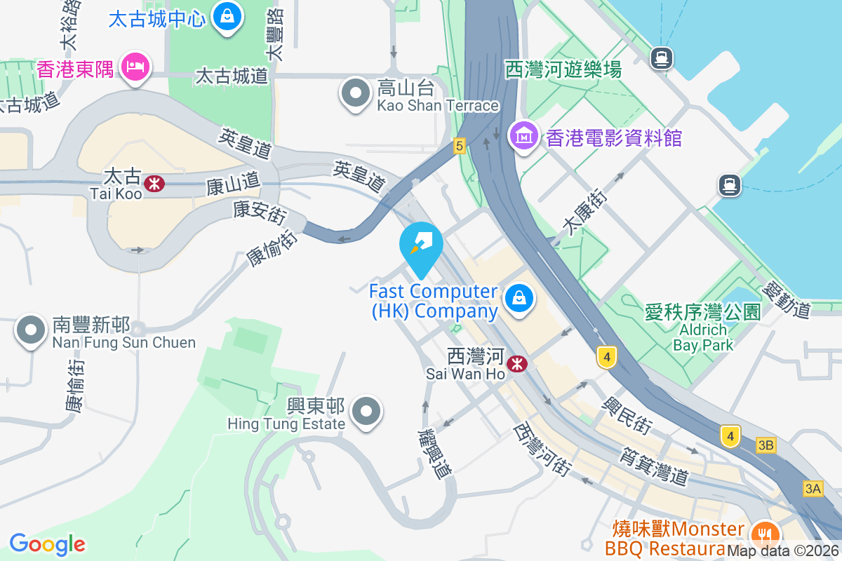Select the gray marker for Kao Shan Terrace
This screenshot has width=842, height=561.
356,94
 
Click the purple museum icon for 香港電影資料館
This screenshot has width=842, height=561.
524,135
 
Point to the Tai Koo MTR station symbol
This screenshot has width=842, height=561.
154,184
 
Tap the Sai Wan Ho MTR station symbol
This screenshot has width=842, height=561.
517,363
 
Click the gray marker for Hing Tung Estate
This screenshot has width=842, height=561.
367,412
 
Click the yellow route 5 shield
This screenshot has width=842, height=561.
459,146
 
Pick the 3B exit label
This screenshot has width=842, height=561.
766,445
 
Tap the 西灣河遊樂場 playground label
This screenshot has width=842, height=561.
563,69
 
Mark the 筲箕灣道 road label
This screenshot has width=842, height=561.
653,465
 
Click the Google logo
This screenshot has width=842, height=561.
47,544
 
